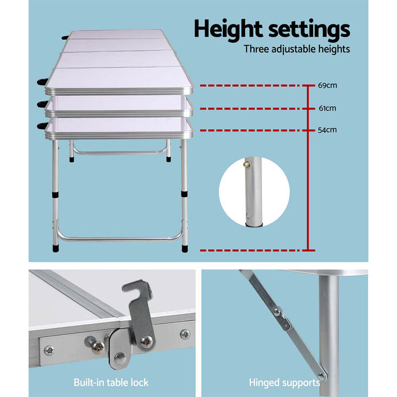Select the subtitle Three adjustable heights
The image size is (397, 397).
pos(297,49)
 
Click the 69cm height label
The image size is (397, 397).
pos(327,86)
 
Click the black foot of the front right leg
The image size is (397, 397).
pos(185,248)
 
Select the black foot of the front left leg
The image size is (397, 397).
pos(56,248)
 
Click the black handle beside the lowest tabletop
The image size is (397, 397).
pos(43,126)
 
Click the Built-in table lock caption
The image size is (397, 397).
pos(111,382)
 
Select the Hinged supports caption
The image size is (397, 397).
pos(284,382)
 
